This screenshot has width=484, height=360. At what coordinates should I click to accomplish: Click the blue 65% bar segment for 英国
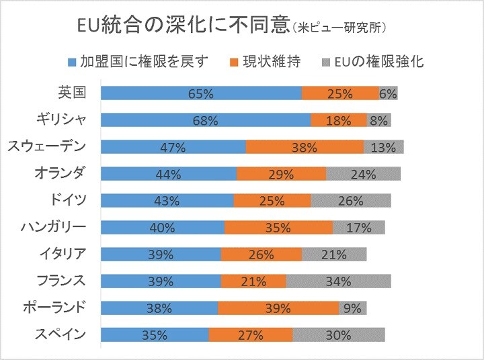coord(201,94)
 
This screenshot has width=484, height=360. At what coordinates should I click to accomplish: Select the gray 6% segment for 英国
coord(388,94)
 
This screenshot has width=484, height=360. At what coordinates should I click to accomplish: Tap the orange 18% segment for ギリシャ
coord(338,121)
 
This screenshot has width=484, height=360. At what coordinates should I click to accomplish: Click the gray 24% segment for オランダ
coord(363,175)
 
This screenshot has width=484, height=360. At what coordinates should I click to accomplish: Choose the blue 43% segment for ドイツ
coord(167,201)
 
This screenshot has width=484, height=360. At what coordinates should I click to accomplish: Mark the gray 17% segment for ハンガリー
coord(358,228)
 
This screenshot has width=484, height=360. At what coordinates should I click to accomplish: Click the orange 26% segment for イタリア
coord(261,255)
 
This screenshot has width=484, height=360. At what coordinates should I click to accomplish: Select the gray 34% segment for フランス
coord(338,281)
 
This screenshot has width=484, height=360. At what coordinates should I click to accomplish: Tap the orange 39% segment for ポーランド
coord(278,308)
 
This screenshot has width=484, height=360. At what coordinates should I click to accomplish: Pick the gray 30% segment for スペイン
coord(338,334)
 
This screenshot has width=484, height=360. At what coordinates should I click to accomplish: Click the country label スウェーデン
coord(46,146)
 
